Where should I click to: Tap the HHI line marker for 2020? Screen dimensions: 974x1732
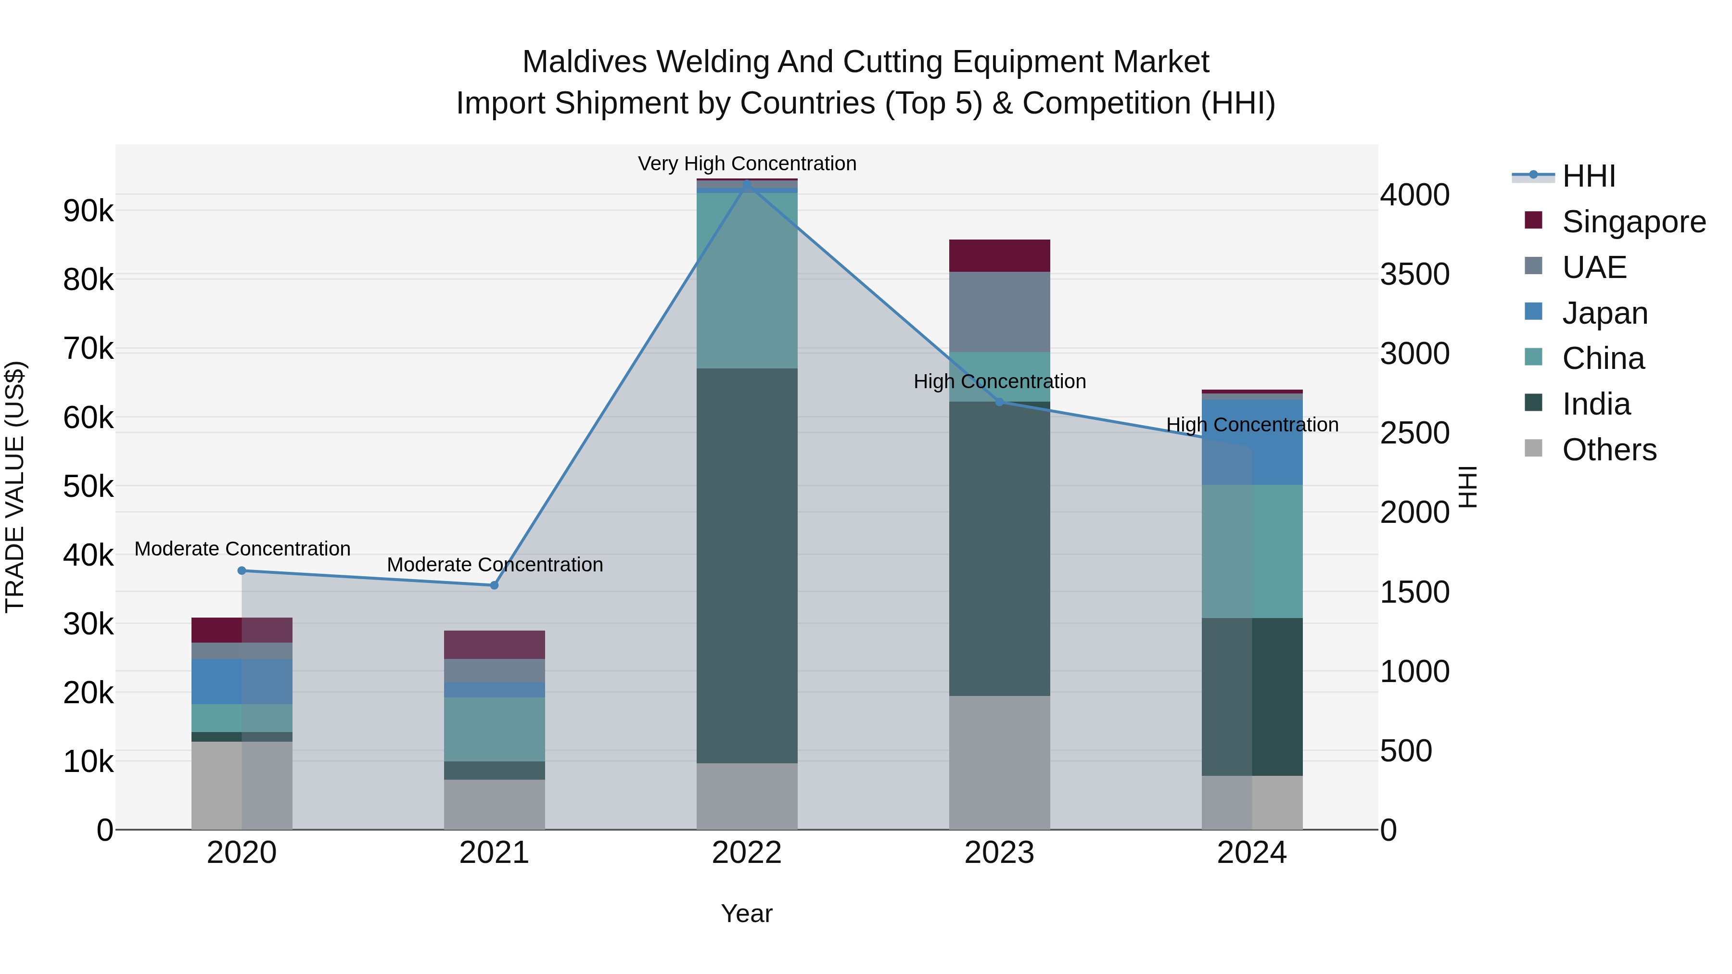pos(242,570)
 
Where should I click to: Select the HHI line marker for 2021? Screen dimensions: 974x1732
pos(494,585)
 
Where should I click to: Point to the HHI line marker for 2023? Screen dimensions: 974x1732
pos(999,402)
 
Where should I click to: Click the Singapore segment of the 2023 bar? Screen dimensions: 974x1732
pos(999,255)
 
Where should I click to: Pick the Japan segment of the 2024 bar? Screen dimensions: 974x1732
pos(1252,443)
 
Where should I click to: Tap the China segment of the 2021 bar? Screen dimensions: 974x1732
pos(494,729)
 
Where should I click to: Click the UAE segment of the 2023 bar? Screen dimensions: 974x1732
pos(999,312)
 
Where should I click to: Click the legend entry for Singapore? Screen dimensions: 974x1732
pos(1633,222)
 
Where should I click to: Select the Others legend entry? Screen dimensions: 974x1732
pos(1609,450)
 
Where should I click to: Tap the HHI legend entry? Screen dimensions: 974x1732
pos(1588,176)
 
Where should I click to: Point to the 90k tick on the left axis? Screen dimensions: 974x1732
pos(88,211)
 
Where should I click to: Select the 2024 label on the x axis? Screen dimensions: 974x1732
pos(1251,853)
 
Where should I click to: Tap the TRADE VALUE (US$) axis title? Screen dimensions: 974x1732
pos(15,487)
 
